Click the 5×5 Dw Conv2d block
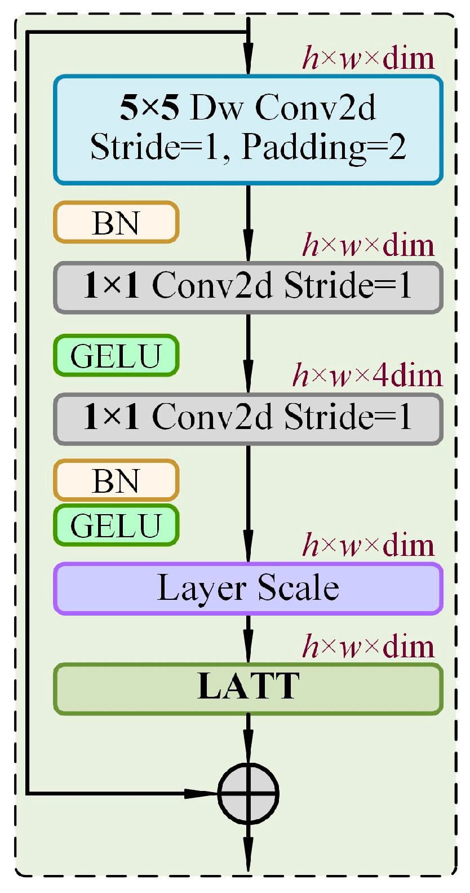(248, 130)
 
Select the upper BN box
(116, 223)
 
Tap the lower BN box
(116, 481)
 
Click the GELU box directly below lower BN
(116, 525)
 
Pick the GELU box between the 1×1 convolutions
(116, 356)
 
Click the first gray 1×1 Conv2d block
(248, 287)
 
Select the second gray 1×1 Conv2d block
(248, 419)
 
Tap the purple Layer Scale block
(248, 589)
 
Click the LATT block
(248, 688)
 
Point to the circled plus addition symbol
(248, 793)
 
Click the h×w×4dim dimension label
(367, 376)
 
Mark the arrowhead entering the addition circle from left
(203, 793)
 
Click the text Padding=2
(323, 148)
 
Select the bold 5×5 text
(149, 107)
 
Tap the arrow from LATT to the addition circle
(248, 739)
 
